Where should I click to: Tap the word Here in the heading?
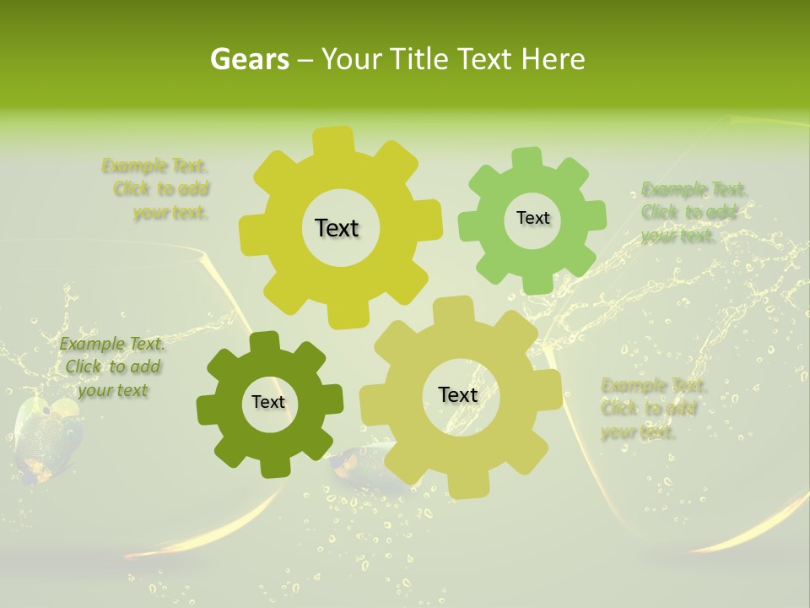tap(553, 59)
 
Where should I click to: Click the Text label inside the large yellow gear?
tap(337, 228)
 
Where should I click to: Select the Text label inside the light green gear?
tap(532, 218)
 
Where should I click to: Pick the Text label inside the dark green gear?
tap(268, 402)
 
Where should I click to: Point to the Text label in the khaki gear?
tap(457, 394)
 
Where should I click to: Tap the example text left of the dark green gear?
tap(112, 366)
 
